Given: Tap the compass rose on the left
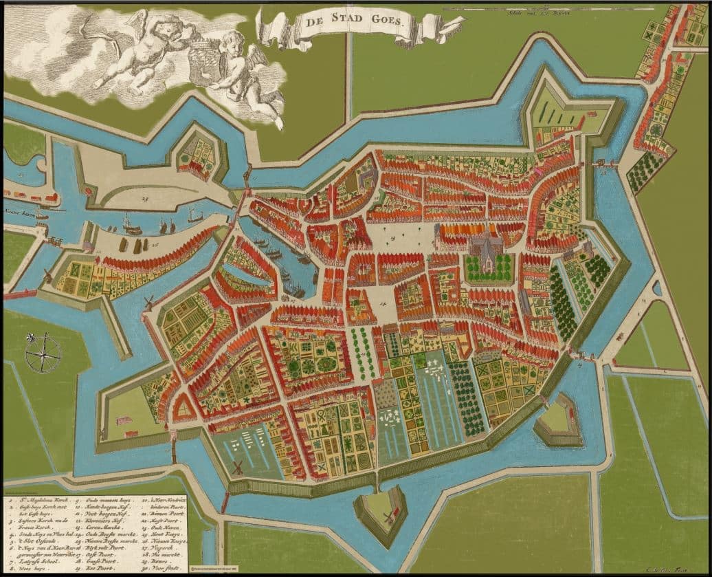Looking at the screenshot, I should (x=43, y=353).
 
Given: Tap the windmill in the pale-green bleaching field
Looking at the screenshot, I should (x=238, y=467).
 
